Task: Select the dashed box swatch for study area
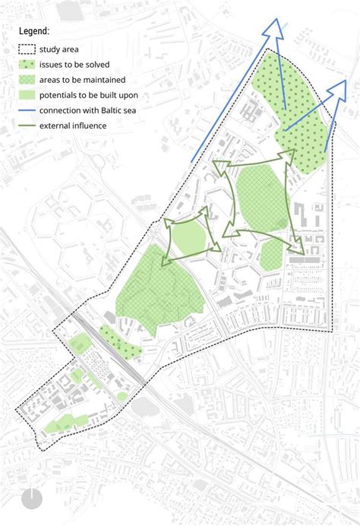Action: (x=29, y=51)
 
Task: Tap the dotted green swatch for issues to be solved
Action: (x=29, y=65)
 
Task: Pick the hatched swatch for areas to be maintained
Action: (x=29, y=80)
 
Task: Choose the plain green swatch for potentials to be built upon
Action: (x=29, y=95)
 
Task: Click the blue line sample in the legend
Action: (x=29, y=109)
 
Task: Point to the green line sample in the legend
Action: (x=29, y=124)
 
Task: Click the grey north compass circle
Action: (x=32, y=499)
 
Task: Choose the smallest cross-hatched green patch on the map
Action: (x=270, y=255)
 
